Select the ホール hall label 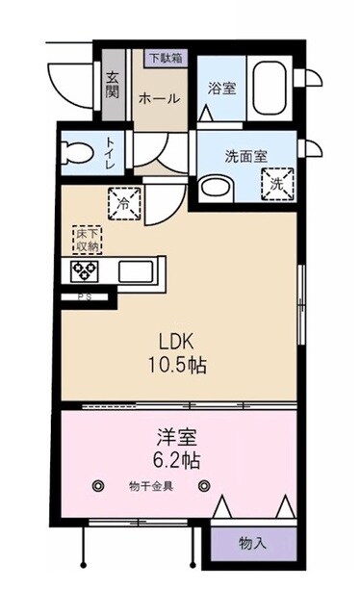[156, 98]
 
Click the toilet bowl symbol [74, 150]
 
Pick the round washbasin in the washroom [217, 186]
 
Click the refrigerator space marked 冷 [125, 203]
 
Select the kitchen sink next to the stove [135, 271]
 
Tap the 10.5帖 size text [179, 367]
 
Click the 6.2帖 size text [179, 460]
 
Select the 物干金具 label [151, 486]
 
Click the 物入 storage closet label [252, 544]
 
